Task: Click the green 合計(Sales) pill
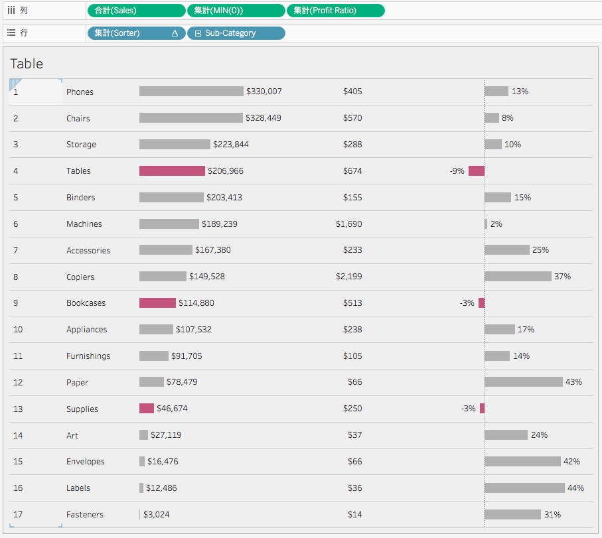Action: click(x=136, y=11)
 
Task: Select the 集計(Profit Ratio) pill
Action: click(x=335, y=11)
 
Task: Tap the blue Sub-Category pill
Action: click(x=236, y=33)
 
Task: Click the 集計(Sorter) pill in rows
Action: click(x=136, y=33)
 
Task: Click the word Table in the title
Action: click(x=27, y=64)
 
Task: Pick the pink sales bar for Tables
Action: click(x=172, y=171)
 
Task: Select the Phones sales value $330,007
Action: click(x=263, y=92)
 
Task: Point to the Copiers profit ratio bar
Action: click(x=518, y=277)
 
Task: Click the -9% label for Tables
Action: click(x=457, y=171)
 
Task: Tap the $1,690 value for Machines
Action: click(x=349, y=224)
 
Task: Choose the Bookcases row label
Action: click(x=86, y=303)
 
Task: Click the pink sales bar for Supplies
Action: click(x=147, y=409)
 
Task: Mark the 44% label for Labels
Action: click(x=575, y=488)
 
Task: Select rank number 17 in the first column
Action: click(x=18, y=515)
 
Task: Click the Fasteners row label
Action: click(x=85, y=515)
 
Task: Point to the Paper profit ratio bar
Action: click(x=523, y=382)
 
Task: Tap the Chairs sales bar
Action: click(x=191, y=118)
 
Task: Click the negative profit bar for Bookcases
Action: click(x=482, y=303)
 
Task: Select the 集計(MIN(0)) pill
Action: click(x=236, y=11)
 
